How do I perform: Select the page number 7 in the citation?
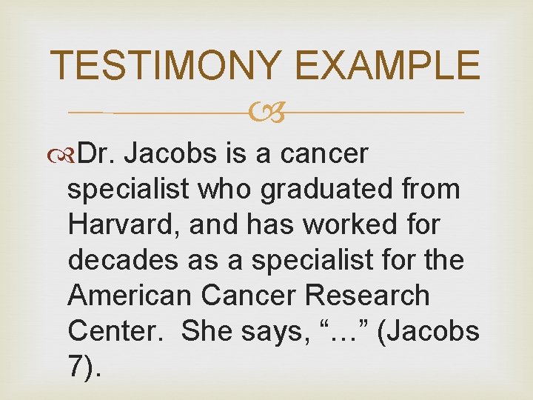click(76, 366)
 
